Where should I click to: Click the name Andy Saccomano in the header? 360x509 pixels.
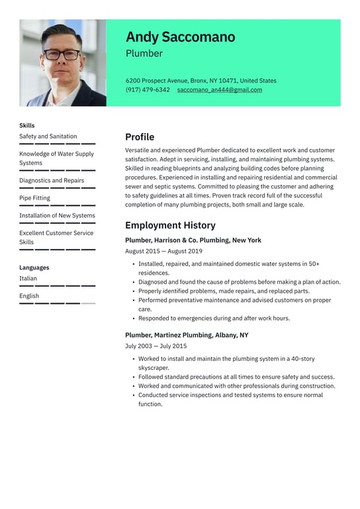click(x=180, y=37)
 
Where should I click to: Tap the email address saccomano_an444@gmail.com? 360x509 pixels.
click(x=219, y=90)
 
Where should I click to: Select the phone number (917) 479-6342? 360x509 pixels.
click(x=148, y=90)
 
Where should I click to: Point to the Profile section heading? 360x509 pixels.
click(x=140, y=137)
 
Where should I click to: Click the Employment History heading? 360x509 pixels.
click(x=170, y=225)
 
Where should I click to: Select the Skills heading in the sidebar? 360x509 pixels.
click(x=27, y=125)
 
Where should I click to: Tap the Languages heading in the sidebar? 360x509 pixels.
click(x=34, y=267)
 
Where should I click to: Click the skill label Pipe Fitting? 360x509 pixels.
click(x=34, y=198)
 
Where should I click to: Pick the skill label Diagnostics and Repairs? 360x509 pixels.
click(x=52, y=180)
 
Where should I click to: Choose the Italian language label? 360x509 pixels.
click(x=28, y=279)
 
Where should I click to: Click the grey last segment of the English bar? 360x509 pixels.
click(x=88, y=303)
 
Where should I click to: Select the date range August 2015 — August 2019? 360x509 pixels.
click(x=163, y=252)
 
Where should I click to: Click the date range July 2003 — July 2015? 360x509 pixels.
click(x=156, y=346)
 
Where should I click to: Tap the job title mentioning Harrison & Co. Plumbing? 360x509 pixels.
click(x=193, y=240)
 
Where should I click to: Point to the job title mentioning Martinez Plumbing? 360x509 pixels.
click(x=187, y=335)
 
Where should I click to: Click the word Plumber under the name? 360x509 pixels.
click(x=144, y=54)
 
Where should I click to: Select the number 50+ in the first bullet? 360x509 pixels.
click(x=313, y=264)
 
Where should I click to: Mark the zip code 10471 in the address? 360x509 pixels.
click(x=227, y=81)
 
